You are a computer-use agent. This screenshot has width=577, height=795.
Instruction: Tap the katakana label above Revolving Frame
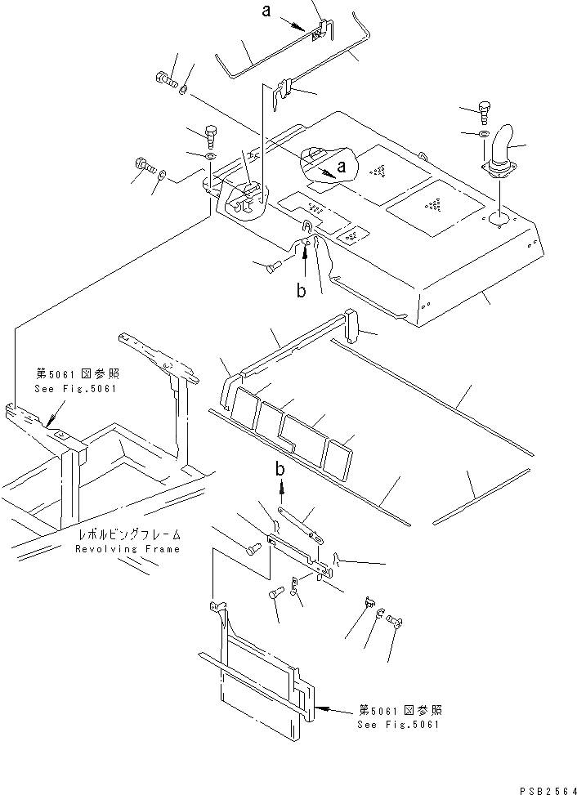[130, 535]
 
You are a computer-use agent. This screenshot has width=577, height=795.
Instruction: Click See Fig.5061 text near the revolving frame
[76, 388]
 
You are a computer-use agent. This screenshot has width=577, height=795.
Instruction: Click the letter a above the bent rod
[266, 11]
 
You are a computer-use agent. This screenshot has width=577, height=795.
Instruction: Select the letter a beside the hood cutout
[342, 166]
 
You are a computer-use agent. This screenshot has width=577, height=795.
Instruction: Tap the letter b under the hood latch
[302, 292]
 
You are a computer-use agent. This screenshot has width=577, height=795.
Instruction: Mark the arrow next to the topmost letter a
[297, 24]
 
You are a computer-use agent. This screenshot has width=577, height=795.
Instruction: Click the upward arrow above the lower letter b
[282, 488]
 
